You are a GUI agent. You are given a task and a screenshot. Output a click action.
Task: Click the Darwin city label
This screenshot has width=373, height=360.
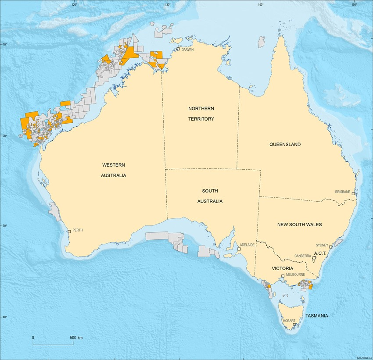pos(187,50)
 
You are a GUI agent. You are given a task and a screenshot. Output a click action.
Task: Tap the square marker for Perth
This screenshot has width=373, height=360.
pos(69,232)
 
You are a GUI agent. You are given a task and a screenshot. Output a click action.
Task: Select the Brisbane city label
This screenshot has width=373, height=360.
pos(342,192)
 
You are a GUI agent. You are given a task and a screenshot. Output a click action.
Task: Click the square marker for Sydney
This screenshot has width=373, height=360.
pos(331,247)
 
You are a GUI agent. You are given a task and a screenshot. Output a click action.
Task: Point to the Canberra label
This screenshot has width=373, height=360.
pos(303,256)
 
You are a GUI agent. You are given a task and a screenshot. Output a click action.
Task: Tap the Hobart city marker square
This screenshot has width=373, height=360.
pos(294,325)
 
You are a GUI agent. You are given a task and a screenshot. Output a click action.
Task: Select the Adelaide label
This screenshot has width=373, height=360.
pos(247,245)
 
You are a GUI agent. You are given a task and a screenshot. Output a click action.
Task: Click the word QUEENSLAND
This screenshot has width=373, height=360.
pos(285,144)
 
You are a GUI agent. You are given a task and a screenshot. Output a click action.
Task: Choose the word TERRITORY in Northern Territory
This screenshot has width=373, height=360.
pos(201,119)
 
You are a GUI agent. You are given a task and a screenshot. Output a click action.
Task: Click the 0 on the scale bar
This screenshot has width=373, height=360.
pos(33,338)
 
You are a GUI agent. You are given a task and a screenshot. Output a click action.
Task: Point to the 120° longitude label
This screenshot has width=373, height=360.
pos(74,5)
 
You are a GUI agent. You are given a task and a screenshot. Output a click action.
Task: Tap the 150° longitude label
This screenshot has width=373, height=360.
pos(354,5)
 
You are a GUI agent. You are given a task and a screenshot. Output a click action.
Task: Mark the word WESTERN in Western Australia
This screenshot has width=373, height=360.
pos(114,165)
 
